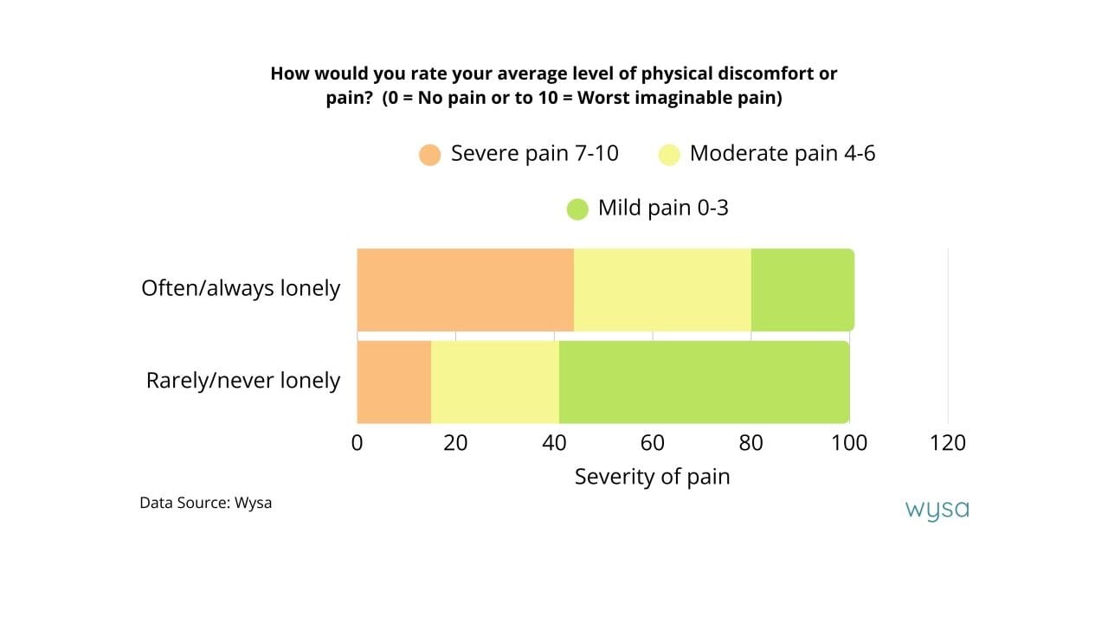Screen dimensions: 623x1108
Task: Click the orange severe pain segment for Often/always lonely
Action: tap(465, 289)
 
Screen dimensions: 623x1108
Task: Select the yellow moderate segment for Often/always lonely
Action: tap(662, 289)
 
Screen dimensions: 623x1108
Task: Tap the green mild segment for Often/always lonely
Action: tap(802, 289)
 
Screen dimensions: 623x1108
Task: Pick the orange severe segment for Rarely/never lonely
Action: tap(394, 382)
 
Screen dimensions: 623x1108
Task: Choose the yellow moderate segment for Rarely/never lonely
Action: tap(495, 382)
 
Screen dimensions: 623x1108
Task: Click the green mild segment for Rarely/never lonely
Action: tap(704, 382)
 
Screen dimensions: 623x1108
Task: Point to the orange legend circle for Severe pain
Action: tap(430, 155)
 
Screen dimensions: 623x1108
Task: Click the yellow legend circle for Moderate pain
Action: tap(668, 155)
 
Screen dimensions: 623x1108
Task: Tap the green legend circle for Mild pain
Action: tap(577, 209)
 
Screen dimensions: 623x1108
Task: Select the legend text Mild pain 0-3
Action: tap(663, 208)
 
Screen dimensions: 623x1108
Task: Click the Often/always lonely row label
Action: tap(241, 288)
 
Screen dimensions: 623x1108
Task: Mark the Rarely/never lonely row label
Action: tap(242, 381)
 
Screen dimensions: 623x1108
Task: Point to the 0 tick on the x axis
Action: tap(358, 443)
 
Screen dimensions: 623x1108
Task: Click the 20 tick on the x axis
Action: tap(455, 443)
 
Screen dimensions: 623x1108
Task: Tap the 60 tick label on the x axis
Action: tap(653, 443)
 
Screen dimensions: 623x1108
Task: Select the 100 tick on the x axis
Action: tap(849, 443)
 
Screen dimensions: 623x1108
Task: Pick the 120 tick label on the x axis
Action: tap(948, 443)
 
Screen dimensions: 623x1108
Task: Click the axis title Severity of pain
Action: tap(652, 477)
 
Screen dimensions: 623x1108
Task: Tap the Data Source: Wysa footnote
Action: tap(205, 503)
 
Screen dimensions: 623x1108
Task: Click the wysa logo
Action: tap(937, 510)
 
